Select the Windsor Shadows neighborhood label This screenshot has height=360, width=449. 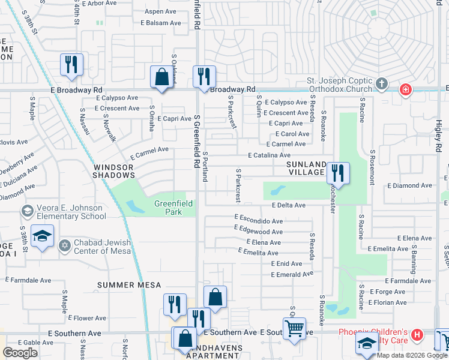tap(114, 170)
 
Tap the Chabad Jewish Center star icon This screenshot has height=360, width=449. tap(65, 245)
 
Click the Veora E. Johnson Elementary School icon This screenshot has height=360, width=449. tap(26, 211)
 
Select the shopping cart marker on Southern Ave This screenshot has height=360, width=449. tap(294, 328)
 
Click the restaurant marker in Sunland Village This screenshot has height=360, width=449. tap(338, 173)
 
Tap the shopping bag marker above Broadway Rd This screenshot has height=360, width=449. tap(161, 77)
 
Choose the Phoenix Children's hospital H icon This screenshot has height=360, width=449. tap(418, 335)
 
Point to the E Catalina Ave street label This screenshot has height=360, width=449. tap(270, 155)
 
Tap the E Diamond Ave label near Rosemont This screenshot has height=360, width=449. tap(409, 186)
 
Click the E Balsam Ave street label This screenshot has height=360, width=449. tap(160, 23)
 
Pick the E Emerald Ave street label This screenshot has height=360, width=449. tap(292, 274)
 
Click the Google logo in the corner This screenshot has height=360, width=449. tap(20, 353)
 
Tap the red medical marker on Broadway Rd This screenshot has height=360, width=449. tap(406, 90)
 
